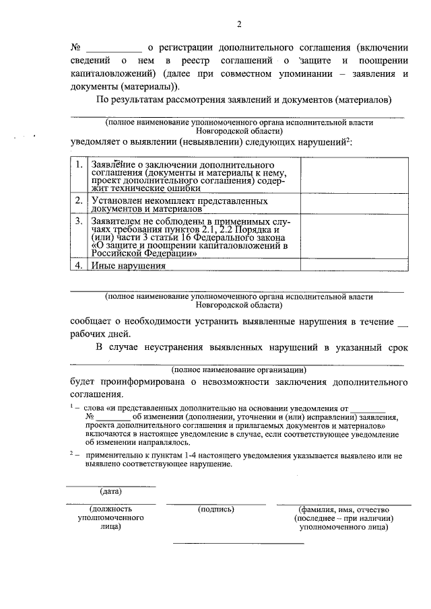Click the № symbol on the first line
[75, 48]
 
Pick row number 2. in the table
[79, 201]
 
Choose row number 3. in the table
[79, 220]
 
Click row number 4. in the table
[79, 265]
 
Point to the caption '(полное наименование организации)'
[239, 369]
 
